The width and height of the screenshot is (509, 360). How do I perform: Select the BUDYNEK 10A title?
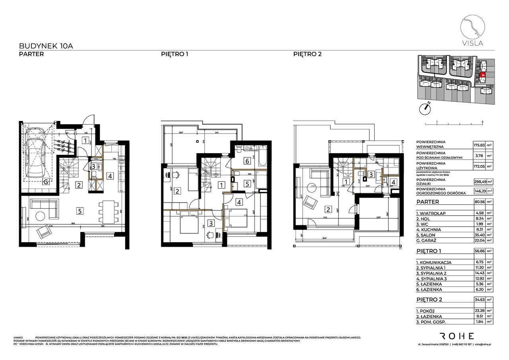pyautogui.click(x=46, y=46)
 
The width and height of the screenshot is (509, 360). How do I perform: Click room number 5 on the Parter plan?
pyautogui.click(x=80, y=211)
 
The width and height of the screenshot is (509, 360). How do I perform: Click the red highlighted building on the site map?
pyautogui.click(x=482, y=74)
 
